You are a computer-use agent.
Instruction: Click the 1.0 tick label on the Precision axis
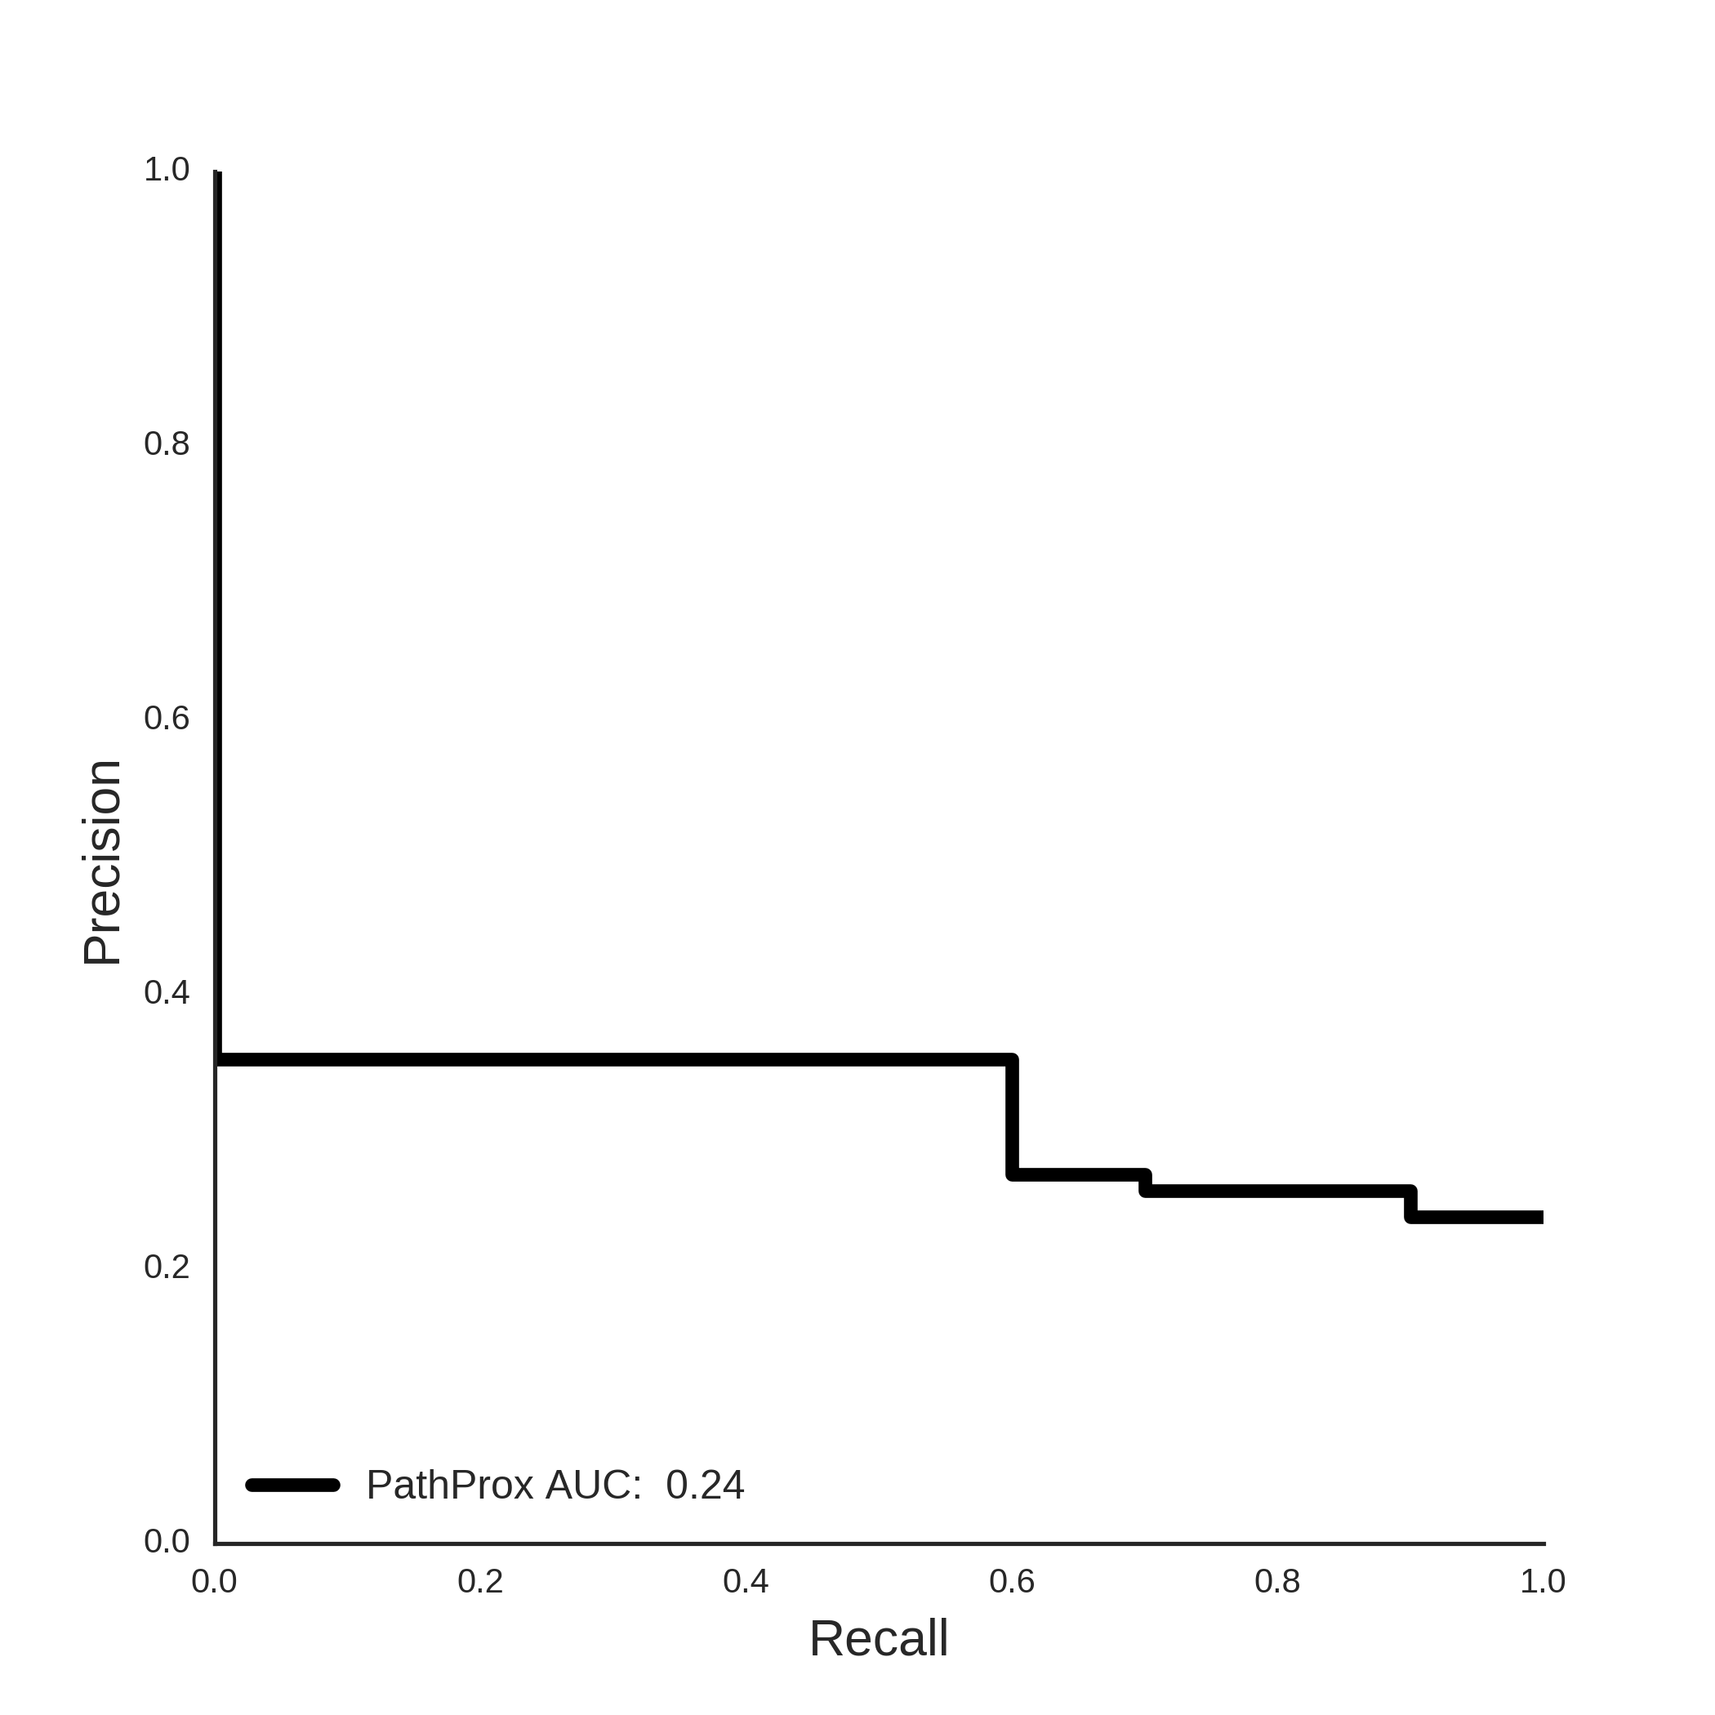pos(167,170)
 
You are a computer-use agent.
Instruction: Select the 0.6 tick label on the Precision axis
pos(167,718)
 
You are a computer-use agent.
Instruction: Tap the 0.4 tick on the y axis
pos(167,992)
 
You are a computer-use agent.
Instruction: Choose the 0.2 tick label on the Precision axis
pos(167,1267)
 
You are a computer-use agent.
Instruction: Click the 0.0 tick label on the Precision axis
pos(167,1541)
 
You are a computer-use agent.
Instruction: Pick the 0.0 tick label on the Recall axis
pos(214,1581)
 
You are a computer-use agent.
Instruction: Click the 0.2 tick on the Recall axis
pos(480,1581)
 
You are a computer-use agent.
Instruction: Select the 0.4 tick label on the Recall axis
pos(746,1581)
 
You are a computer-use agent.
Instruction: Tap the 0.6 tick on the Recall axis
pos(1012,1581)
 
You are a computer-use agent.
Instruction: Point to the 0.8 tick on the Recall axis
pos(1277,1581)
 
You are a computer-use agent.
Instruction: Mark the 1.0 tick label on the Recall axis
pos(1543,1581)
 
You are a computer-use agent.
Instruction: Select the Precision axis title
pos(102,863)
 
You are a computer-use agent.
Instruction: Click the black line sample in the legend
pos(292,1485)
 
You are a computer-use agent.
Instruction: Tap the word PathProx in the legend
pos(450,1485)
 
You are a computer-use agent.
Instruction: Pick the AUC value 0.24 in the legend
pos(705,1485)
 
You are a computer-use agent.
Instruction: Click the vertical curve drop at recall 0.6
pos(1012,1116)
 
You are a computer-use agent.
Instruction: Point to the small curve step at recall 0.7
pos(1145,1183)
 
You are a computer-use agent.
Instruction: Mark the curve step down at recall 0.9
pos(1410,1204)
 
